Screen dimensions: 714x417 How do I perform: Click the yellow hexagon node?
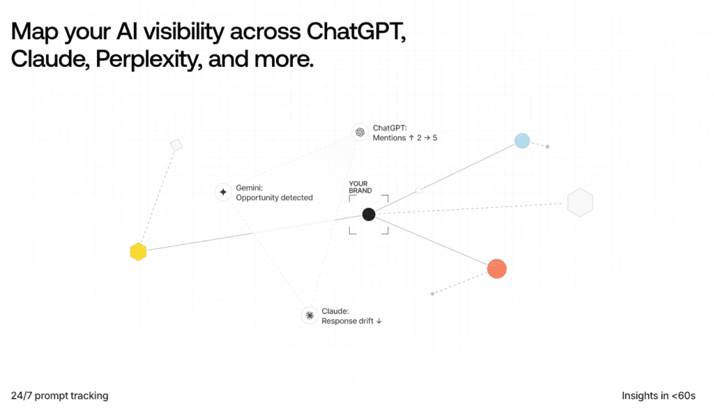[x=138, y=252]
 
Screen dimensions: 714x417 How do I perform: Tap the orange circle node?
[x=496, y=268]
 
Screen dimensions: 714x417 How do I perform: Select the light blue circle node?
[x=522, y=141]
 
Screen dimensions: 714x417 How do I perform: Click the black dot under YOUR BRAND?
[x=368, y=214]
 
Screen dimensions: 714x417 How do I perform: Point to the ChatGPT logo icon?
[x=360, y=132]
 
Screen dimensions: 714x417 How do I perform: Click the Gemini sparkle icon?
[x=223, y=192]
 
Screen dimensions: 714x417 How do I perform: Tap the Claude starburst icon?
[x=309, y=315]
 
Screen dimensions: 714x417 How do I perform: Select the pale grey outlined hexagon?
[x=580, y=202]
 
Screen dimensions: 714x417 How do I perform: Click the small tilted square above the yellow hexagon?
[x=176, y=145]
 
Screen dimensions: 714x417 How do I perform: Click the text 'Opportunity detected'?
[x=274, y=197]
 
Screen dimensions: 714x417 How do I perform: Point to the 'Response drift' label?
[x=351, y=321]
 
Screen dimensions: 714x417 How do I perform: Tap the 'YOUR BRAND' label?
[x=360, y=187]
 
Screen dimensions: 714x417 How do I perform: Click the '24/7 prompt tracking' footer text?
[x=60, y=395]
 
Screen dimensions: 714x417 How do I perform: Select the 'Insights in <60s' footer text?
[x=658, y=395]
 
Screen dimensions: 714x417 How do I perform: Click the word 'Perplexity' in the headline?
[x=149, y=60]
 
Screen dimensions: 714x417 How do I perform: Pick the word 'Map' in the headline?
[x=35, y=32]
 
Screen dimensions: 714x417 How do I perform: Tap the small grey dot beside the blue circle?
[x=547, y=146]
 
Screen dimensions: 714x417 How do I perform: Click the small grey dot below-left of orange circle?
[x=432, y=294]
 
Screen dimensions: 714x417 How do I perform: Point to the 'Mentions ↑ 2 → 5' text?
[x=405, y=138]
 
